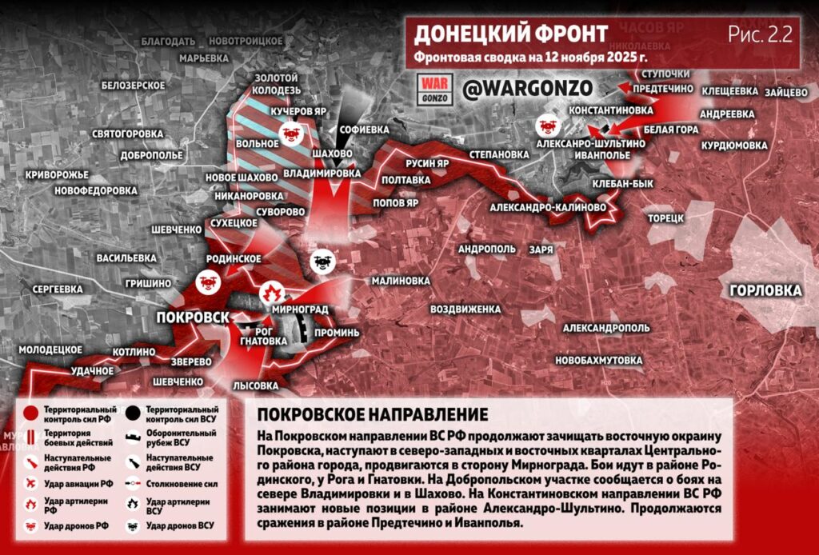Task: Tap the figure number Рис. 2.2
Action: click(759, 34)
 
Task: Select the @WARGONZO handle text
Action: click(526, 87)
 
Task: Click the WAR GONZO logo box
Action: click(437, 89)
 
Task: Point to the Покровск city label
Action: click(193, 317)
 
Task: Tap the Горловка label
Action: click(765, 289)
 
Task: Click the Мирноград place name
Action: click(301, 309)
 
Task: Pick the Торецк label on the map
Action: click(665, 217)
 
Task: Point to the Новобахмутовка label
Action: click(598, 361)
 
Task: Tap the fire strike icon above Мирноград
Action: click(270, 290)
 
